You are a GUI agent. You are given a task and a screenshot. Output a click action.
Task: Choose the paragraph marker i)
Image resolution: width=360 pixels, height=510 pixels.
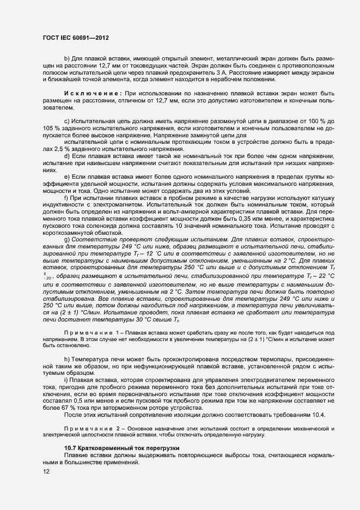click(x=66, y=379)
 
